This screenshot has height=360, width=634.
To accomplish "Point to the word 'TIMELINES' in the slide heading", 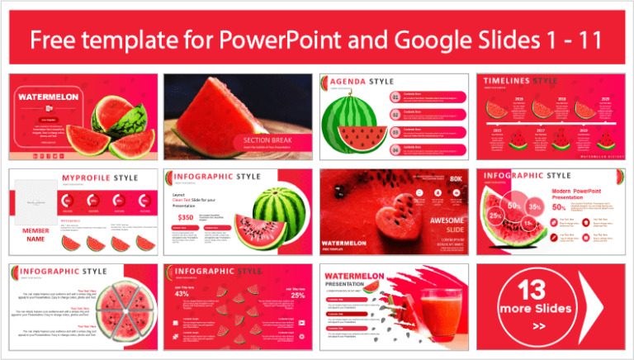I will pos(507,81).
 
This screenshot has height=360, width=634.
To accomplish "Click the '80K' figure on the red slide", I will pos(456,178).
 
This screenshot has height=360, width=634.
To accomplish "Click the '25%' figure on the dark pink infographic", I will pos(298,295).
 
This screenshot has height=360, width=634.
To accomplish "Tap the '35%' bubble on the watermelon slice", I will pos(535,206).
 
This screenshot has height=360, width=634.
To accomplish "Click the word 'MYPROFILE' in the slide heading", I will pos(87,177).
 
